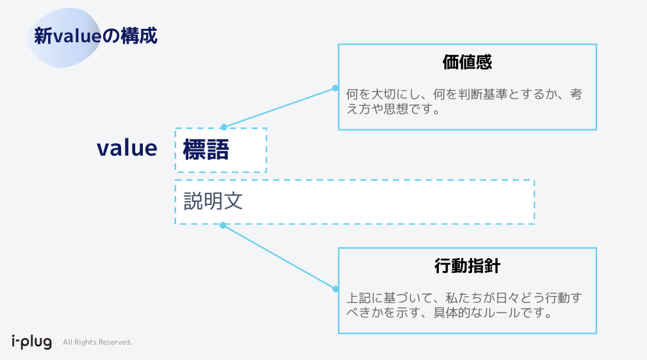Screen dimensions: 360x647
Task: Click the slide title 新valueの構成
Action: click(x=96, y=36)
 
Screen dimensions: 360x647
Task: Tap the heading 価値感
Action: click(x=467, y=62)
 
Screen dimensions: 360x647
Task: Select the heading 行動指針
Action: click(x=467, y=266)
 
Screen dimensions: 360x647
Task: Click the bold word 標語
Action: click(x=206, y=150)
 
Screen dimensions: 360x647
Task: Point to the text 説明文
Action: click(x=213, y=201)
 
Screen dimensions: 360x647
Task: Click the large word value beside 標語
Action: click(x=127, y=148)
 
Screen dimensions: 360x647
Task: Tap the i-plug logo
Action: click(x=31, y=341)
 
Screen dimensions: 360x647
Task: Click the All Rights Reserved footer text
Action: click(x=97, y=342)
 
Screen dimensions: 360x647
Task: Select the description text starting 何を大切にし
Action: click(x=464, y=101)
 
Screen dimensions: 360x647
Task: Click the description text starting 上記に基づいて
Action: click(x=464, y=306)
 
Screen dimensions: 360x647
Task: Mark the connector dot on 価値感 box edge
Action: click(x=335, y=88)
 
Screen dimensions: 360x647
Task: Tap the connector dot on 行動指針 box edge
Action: click(x=335, y=289)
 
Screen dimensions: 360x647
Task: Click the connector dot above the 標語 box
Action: click(x=224, y=127)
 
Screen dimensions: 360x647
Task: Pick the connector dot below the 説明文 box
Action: click(x=223, y=225)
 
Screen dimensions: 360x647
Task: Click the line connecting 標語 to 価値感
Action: click(x=279, y=108)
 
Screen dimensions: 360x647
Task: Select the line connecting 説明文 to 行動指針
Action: click(x=279, y=257)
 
